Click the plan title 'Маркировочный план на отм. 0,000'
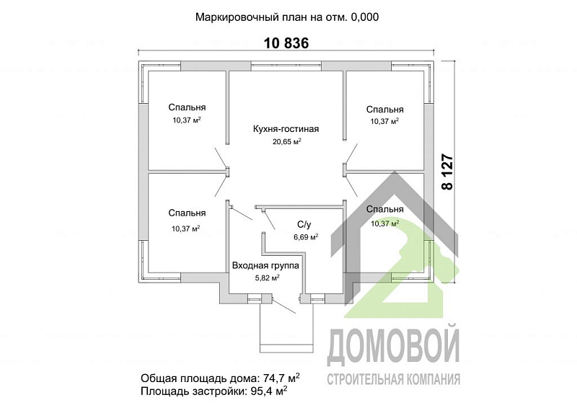[288, 17]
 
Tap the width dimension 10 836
[286, 43]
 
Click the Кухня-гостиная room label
[286, 130]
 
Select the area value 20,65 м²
[286, 142]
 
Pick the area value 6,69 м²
[306, 236]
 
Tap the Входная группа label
[265, 265]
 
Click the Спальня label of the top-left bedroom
[187, 108]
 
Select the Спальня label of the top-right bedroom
[384, 109]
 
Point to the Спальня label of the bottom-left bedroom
[187, 213]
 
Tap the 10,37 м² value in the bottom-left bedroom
[186, 228]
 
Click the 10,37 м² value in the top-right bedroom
[384, 121]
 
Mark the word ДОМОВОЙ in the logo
[394, 347]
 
